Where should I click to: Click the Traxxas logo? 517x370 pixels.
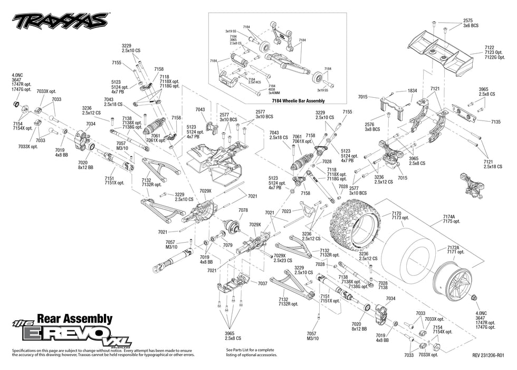tap(60, 21)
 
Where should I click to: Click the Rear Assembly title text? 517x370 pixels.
tap(79, 319)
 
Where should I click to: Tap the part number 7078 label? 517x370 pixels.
tap(243, 210)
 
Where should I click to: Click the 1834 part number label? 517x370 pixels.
tap(413, 91)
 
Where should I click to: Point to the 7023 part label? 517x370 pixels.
tap(286, 211)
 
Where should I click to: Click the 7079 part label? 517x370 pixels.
tap(228, 245)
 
